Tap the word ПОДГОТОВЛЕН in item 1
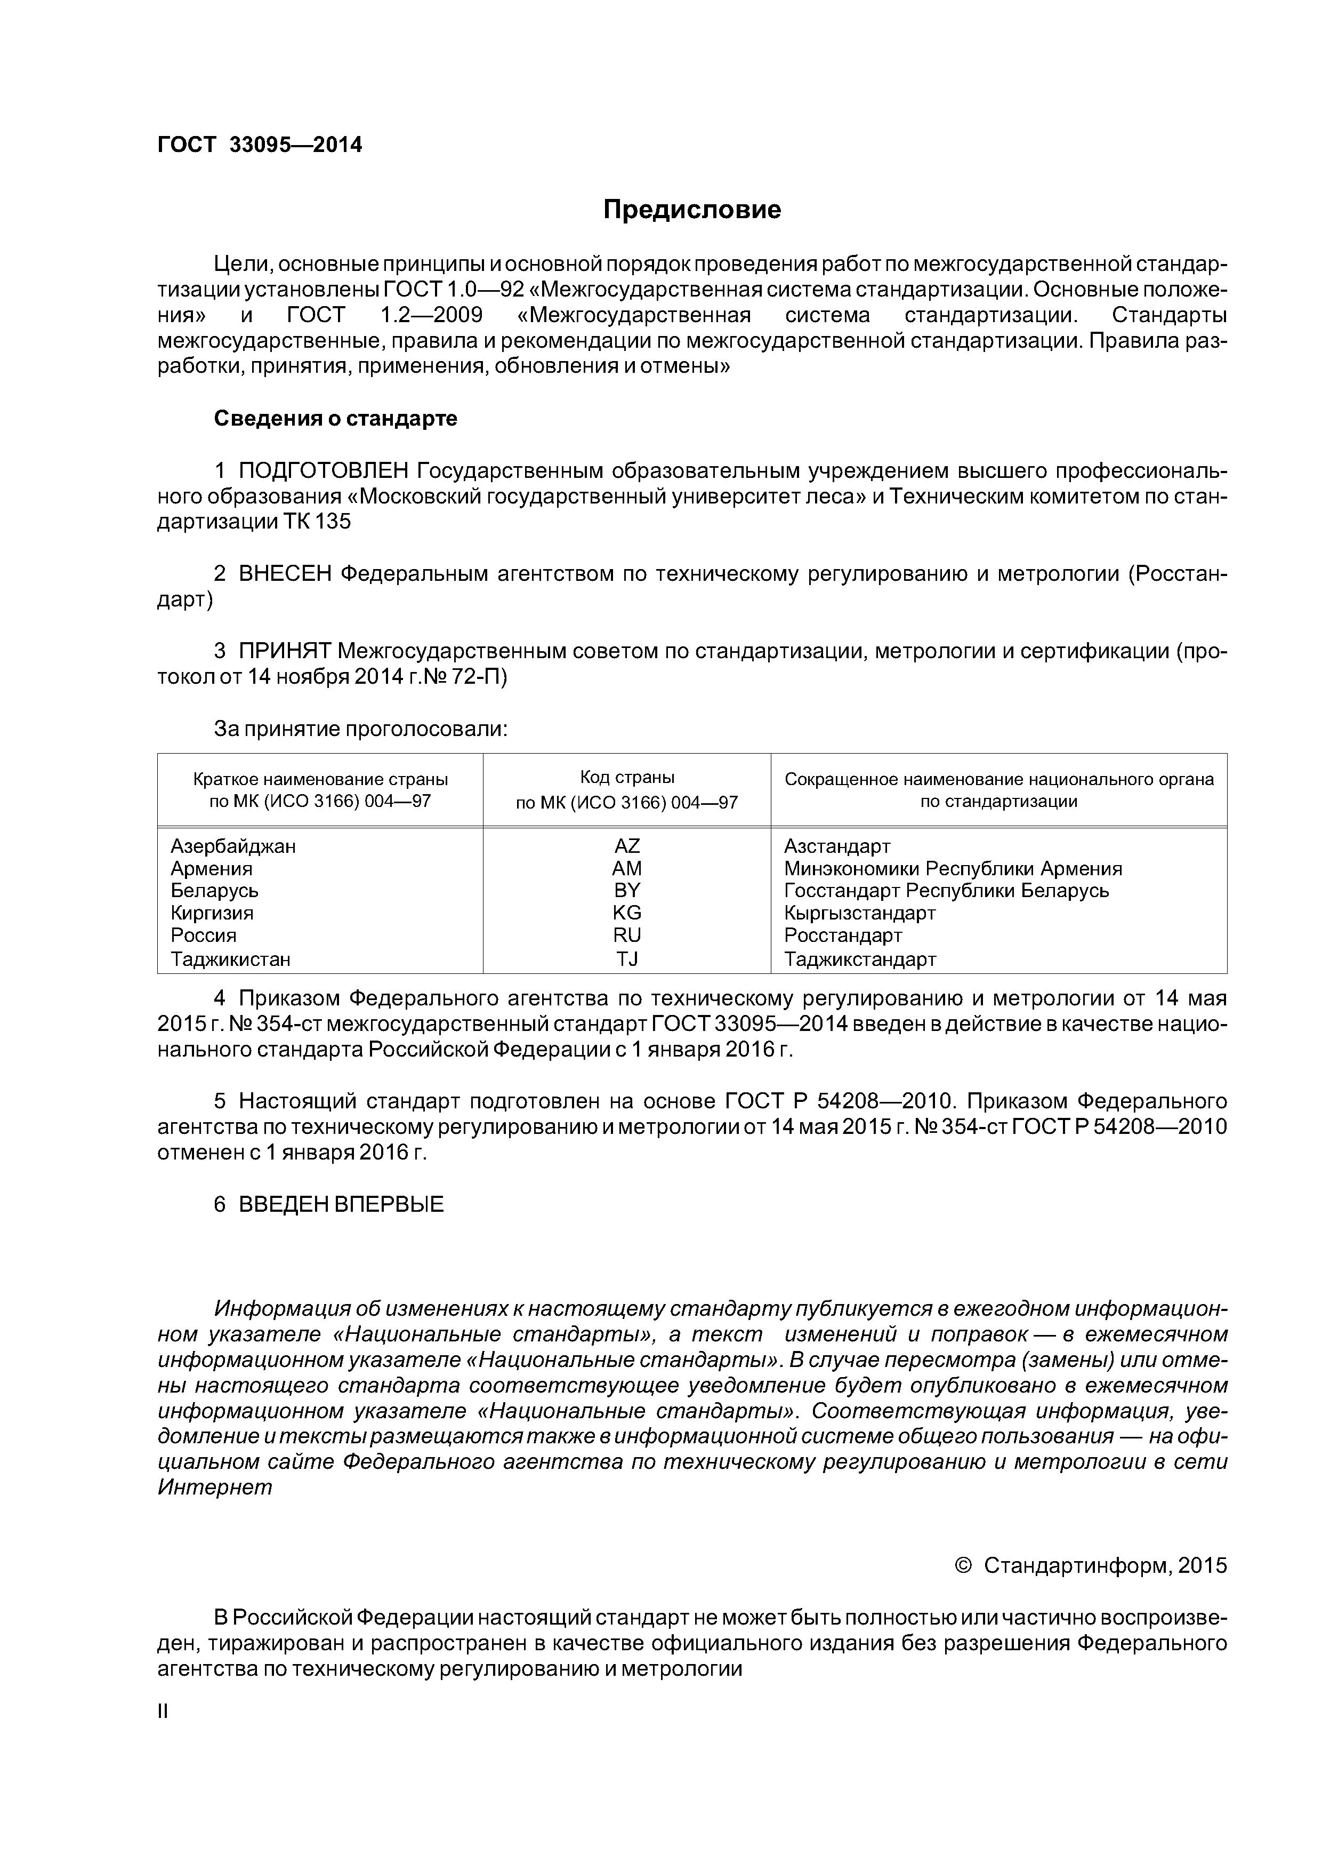pos(324,471)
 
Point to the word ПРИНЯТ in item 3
pos(285,651)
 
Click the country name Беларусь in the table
pos(214,891)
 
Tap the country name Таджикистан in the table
pos(230,959)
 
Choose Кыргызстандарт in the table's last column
pos(859,913)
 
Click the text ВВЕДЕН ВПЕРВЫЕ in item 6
pos(341,1204)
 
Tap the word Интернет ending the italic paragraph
pos(214,1487)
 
